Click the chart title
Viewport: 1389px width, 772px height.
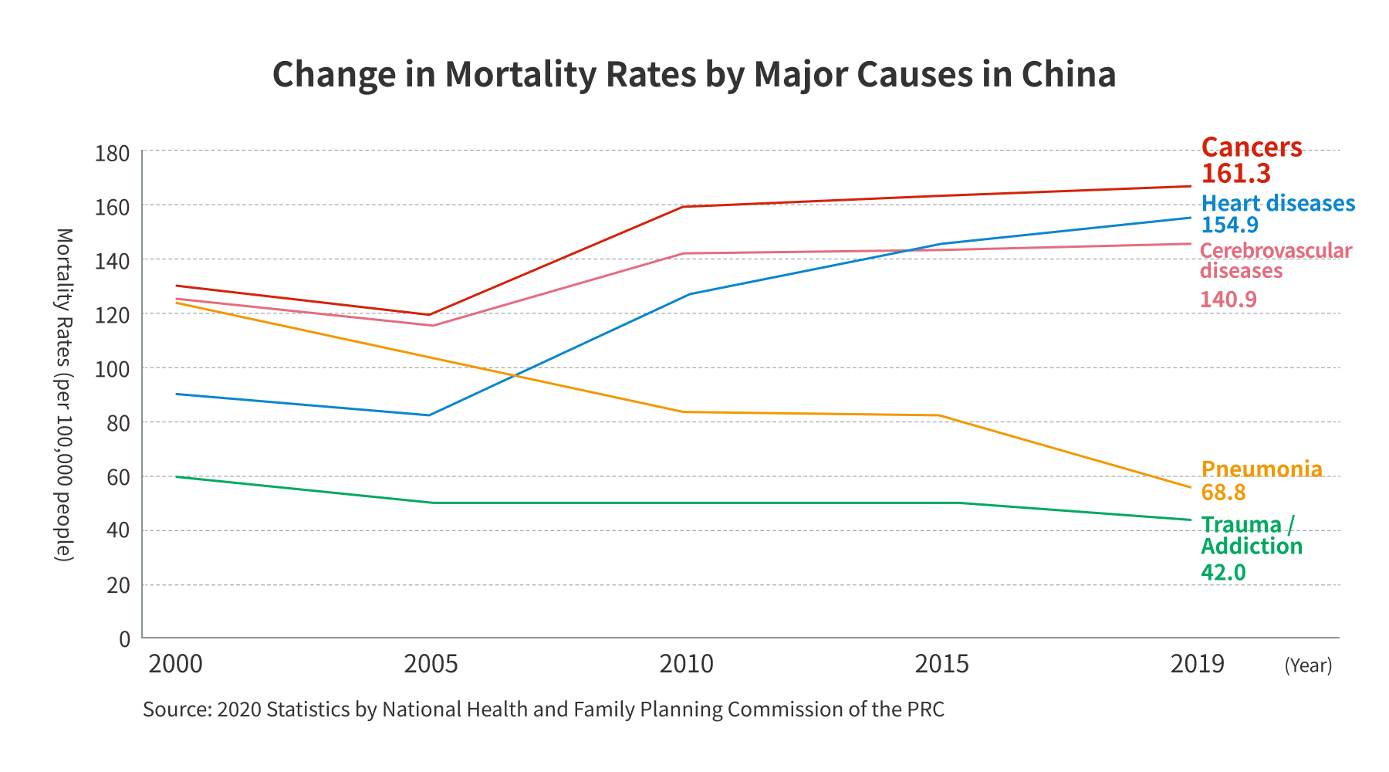click(x=694, y=75)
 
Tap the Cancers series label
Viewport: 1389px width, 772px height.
click(x=1252, y=147)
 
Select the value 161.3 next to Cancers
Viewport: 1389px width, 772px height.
click(x=1235, y=174)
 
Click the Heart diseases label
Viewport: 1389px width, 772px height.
click(x=1278, y=203)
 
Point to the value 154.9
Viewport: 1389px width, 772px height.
click(x=1230, y=225)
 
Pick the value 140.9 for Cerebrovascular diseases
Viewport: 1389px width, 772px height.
click(x=1228, y=300)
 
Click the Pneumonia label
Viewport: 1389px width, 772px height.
click(x=1262, y=469)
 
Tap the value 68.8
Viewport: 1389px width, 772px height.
click(x=1223, y=493)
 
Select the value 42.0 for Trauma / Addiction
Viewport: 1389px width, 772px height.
click(x=1223, y=572)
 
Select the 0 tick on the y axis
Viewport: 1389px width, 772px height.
click(x=124, y=639)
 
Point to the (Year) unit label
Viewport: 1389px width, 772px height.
click(x=1308, y=665)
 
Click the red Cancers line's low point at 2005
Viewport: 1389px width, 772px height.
click(x=429, y=314)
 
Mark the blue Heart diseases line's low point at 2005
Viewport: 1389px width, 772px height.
click(x=429, y=415)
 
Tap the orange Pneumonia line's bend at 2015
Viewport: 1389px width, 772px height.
click(x=938, y=415)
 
